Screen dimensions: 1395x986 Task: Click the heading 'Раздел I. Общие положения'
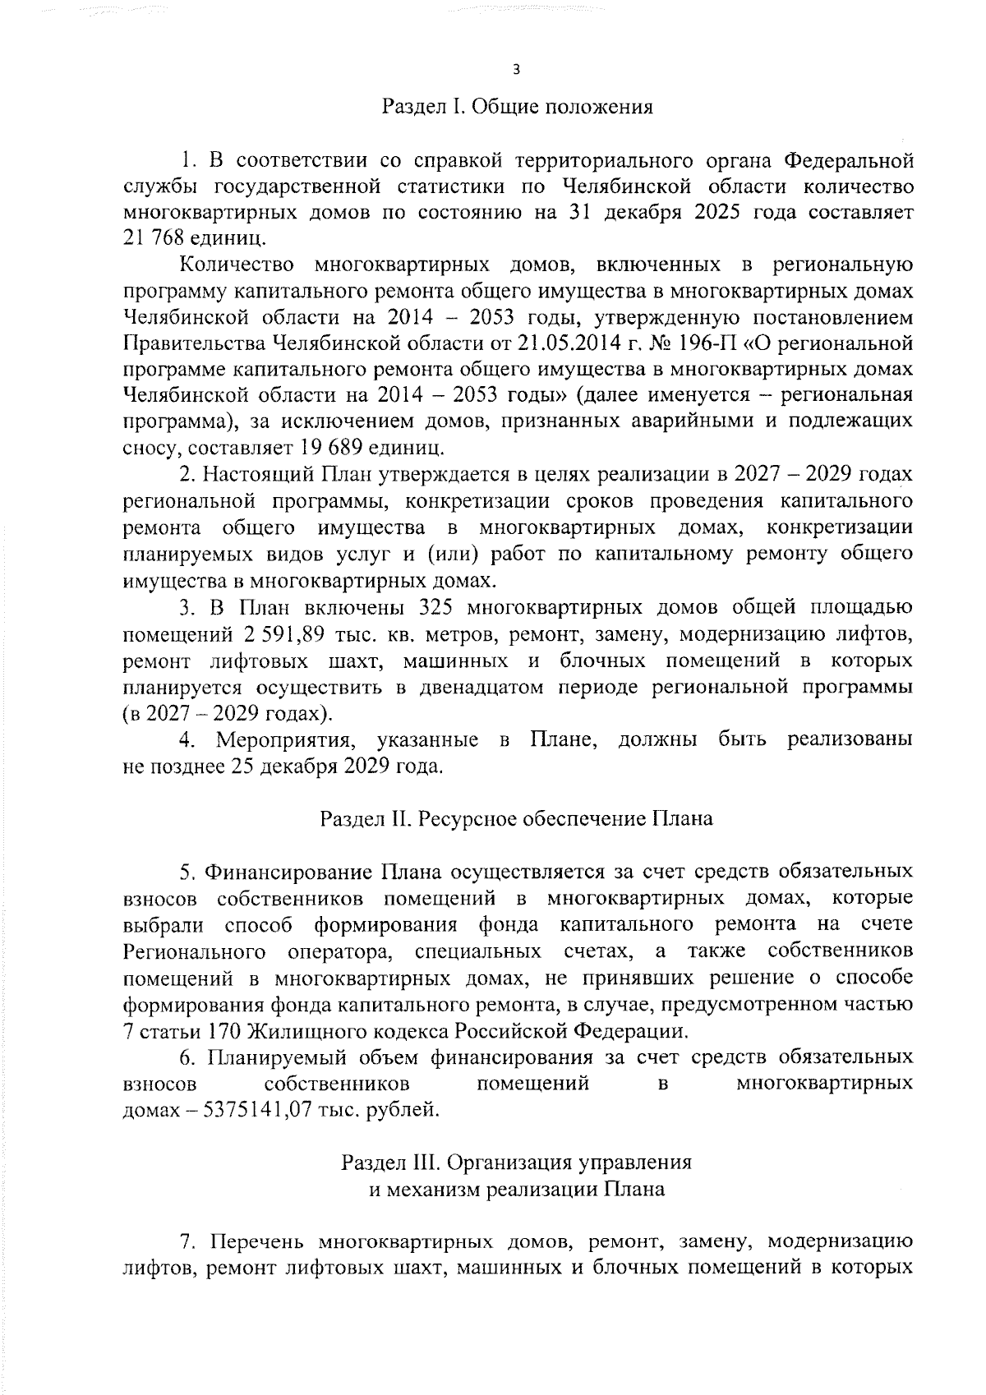517,108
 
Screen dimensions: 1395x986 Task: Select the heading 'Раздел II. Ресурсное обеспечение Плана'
515,819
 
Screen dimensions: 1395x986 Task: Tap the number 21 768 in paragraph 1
152,238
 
